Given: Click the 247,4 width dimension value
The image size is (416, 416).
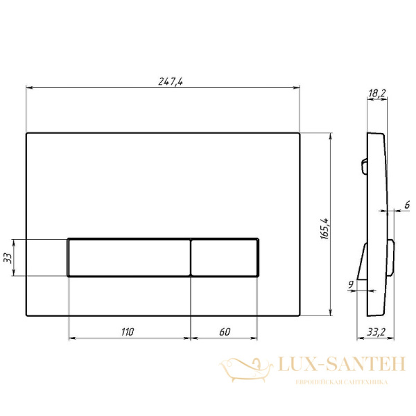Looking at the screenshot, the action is point(171,81).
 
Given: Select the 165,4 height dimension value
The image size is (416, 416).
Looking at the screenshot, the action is point(324,229).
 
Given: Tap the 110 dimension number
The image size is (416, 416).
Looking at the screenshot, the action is point(128,331).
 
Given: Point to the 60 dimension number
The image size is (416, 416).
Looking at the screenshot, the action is point(225,331).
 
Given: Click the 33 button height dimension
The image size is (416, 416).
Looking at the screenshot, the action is point(8,258).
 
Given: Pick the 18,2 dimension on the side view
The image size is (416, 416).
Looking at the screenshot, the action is point(376,93).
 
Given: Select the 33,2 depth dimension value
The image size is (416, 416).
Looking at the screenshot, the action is point(376,331).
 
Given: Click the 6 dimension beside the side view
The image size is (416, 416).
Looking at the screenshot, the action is point(407,205).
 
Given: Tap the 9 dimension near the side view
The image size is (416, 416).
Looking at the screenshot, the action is point(351,284).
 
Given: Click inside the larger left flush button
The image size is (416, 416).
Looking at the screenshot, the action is point(129,258).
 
